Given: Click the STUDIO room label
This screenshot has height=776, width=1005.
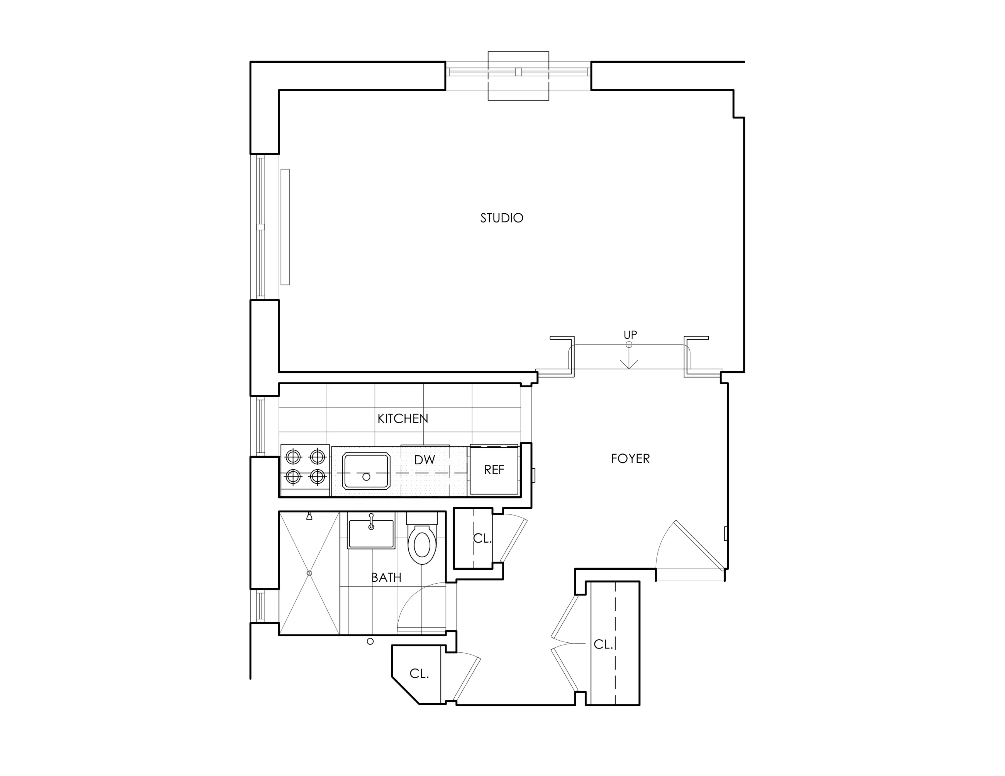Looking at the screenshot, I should [x=502, y=218].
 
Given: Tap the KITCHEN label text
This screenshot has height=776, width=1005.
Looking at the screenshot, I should [x=403, y=418].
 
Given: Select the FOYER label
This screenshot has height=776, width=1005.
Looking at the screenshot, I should [x=630, y=458].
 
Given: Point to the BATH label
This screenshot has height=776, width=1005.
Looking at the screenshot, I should [x=386, y=577].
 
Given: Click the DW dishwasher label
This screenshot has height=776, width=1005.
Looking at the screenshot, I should [x=424, y=460].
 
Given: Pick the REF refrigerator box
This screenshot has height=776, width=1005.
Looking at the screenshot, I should [x=494, y=469].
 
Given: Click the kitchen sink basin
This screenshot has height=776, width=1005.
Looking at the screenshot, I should [x=366, y=471].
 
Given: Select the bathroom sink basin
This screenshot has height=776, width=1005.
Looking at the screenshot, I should [x=371, y=534].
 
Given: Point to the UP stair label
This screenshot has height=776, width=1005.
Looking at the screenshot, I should [x=630, y=335].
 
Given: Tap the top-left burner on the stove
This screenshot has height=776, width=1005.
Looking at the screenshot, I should [x=293, y=457].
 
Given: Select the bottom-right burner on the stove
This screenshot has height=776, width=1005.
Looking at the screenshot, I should [x=318, y=477].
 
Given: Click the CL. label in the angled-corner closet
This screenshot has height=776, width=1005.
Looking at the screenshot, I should [x=419, y=674].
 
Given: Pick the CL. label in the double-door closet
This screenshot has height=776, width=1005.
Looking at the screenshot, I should [x=603, y=644].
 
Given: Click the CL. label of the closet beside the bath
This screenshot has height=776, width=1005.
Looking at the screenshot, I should [x=482, y=538].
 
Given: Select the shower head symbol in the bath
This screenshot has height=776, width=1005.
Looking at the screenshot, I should [x=309, y=517].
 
